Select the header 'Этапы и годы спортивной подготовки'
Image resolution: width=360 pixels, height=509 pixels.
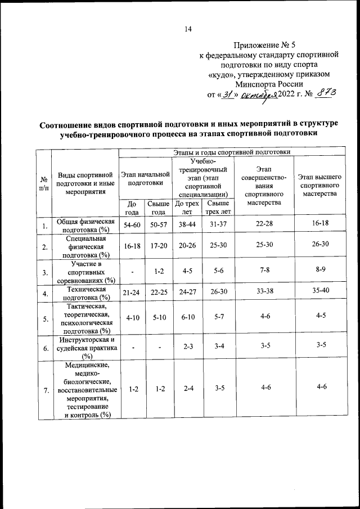click(232, 152)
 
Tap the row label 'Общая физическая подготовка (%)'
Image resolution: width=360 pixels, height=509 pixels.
click(84, 226)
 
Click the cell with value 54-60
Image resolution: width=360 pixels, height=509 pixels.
click(132, 224)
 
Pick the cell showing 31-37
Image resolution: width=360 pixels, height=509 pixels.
click(217, 224)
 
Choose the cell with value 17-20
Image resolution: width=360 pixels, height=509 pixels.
click(159, 246)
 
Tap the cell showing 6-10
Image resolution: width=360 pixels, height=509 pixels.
click(187, 318)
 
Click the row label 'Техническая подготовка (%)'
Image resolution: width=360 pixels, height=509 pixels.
click(84, 293)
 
